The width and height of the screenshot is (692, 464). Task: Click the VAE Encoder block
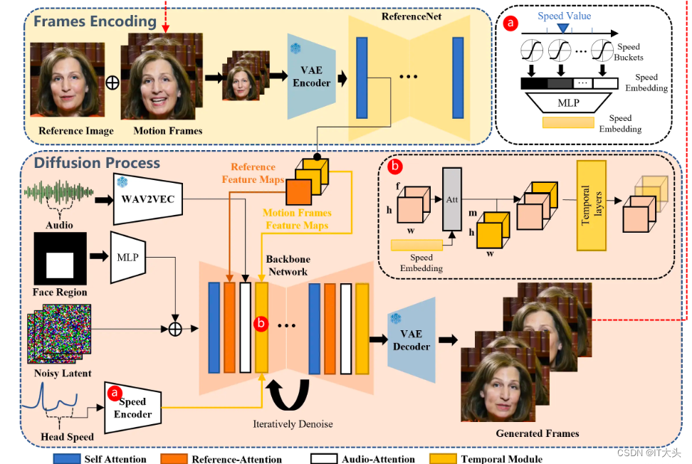(x=311, y=77)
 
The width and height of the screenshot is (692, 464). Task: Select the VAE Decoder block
(x=411, y=340)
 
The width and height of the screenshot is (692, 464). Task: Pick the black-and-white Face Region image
(x=60, y=258)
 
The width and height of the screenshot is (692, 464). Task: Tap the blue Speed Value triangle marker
(x=564, y=27)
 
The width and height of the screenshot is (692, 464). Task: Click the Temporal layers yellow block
(x=591, y=205)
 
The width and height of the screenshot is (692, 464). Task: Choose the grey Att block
(x=451, y=200)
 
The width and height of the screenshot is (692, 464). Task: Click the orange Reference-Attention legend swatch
(x=174, y=459)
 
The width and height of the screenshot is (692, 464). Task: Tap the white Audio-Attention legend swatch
(x=324, y=459)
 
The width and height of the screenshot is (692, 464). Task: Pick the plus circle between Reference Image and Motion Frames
(x=112, y=82)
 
